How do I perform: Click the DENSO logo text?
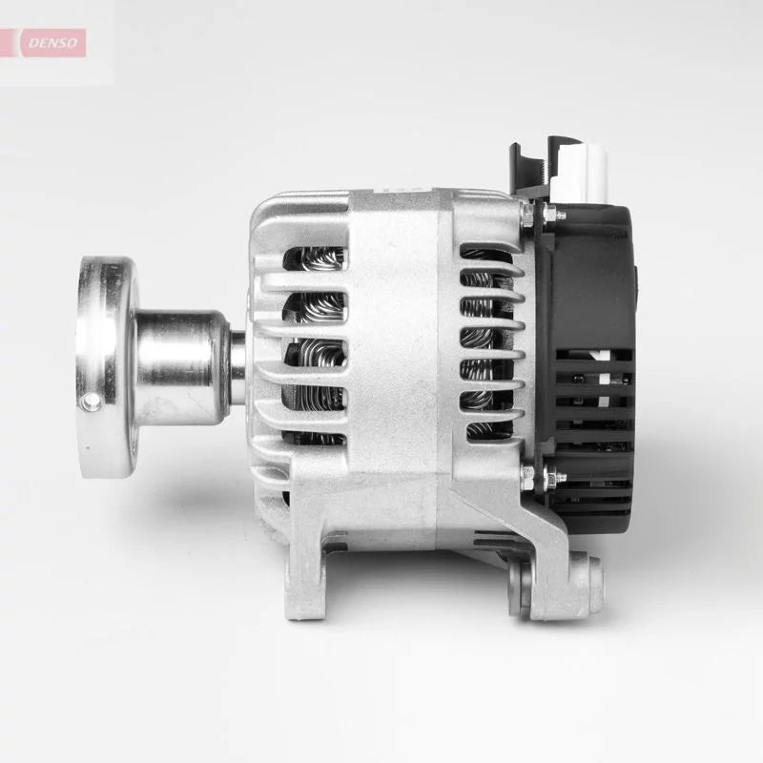[55, 43]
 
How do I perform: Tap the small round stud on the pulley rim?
[92, 402]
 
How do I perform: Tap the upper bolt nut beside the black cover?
[527, 217]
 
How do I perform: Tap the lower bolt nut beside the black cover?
[527, 477]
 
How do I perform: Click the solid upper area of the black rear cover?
[591, 277]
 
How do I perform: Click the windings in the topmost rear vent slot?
[482, 255]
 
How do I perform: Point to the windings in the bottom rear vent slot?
[482, 429]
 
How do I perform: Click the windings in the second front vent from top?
[315, 306]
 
